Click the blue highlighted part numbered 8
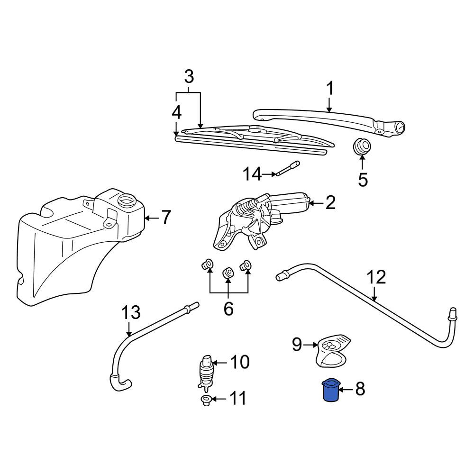[x=331, y=390]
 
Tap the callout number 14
[x=252, y=174]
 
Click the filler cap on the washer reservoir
[x=126, y=200]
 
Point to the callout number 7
[x=165, y=218]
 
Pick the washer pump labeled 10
[x=206, y=371]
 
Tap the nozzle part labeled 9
[x=333, y=351]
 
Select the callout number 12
[x=376, y=277]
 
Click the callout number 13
[x=131, y=312]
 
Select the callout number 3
[x=189, y=77]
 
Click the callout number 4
[x=176, y=113]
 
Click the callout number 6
[x=228, y=309]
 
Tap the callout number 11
[x=238, y=399]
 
